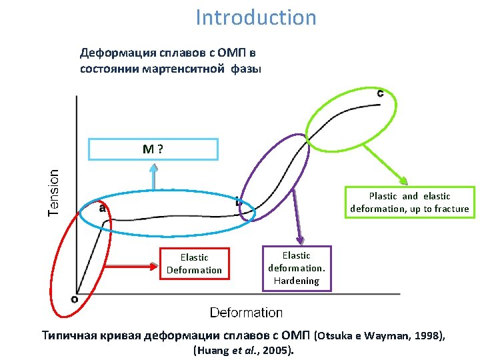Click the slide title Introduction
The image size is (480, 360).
(256, 17)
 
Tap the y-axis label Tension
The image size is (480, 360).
(53, 193)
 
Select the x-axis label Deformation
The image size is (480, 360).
(246, 312)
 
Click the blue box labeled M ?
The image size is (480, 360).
(153, 149)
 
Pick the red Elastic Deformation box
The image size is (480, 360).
(194, 263)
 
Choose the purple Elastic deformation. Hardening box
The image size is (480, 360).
(296, 268)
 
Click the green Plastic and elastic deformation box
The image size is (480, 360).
(409, 203)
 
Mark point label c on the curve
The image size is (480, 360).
(380, 93)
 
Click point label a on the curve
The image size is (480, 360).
(103, 208)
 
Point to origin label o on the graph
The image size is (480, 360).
(74, 299)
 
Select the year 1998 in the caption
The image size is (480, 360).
(425, 335)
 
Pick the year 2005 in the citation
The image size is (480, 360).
(277, 349)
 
